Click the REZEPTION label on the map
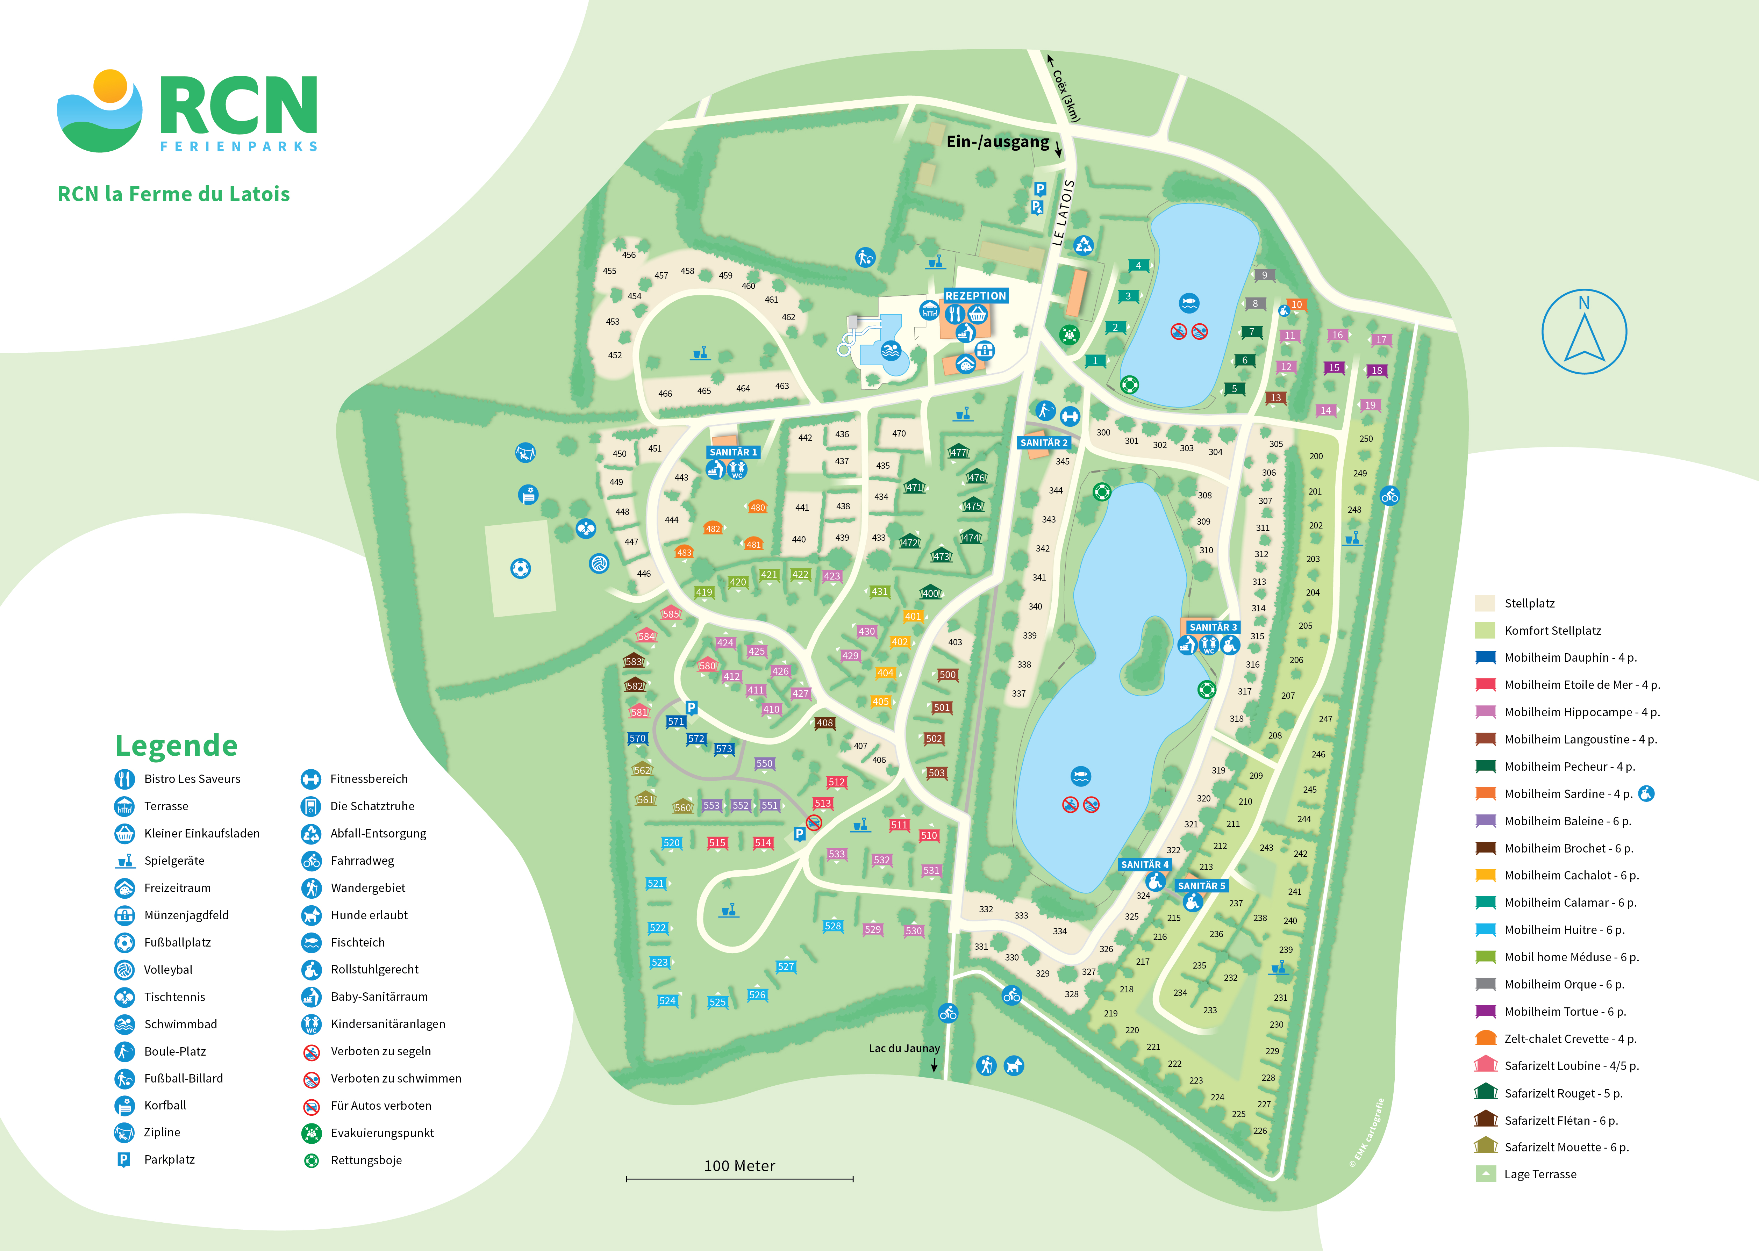tap(975, 296)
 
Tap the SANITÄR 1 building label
tap(733, 452)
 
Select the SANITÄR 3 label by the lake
tap(1213, 627)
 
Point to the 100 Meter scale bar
tap(740, 1178)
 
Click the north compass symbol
tap(1584, 332)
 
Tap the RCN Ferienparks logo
tap(187, 112)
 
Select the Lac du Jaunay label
tap(904, 1048)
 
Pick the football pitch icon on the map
tap(521, 568)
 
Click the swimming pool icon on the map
tap(891, 351)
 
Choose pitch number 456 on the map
tap(629, 255)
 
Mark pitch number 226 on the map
tap(1260, 1131)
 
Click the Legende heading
tap(177, 746)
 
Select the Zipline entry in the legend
tap(162, 1133)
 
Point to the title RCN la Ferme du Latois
tap(174, 194)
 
